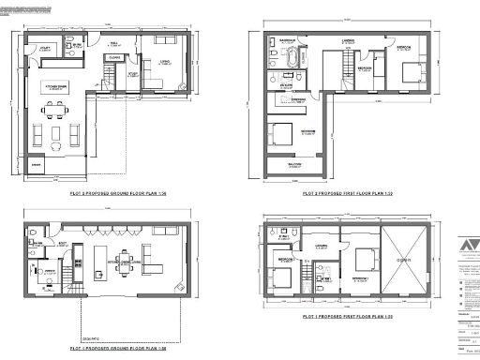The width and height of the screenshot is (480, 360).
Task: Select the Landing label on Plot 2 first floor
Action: click(348, 42)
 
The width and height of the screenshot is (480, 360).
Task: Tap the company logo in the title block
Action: click(460, 247)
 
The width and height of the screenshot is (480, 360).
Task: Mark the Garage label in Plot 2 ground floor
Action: click(37, 163)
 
